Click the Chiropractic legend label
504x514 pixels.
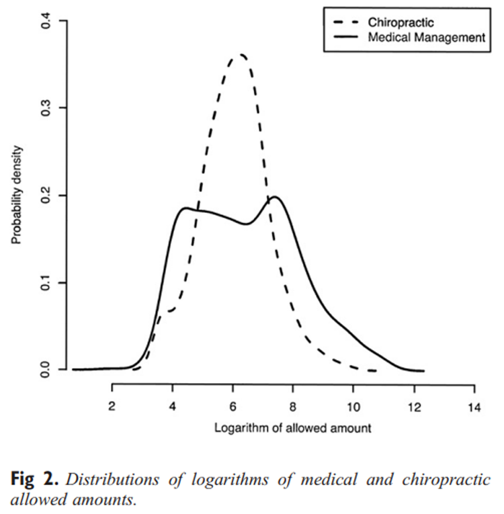point(401,24)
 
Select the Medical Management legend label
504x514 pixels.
point(426,38)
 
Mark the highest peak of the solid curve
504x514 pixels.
point(274,197)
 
